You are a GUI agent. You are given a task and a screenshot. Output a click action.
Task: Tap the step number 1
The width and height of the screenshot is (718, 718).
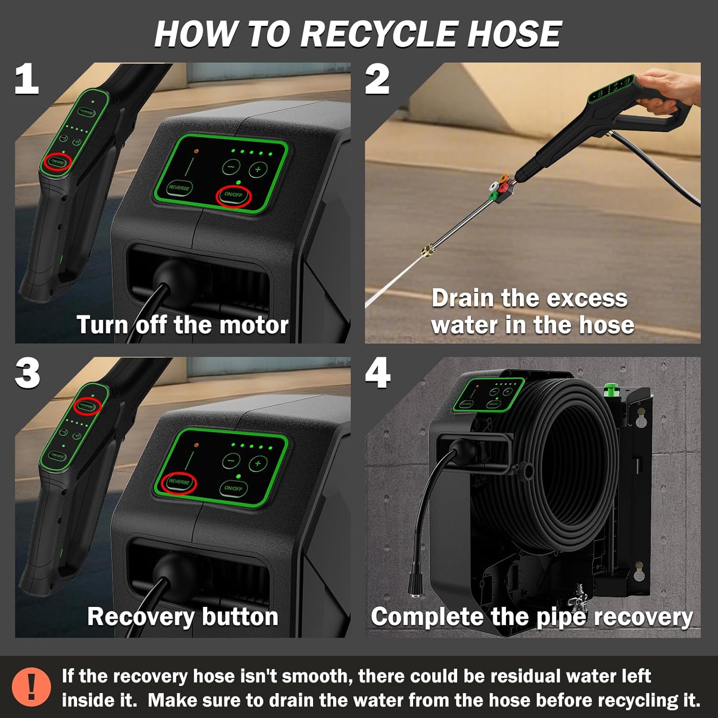coord(27,80)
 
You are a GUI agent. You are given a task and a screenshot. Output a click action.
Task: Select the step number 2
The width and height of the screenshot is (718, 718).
coord(377,80)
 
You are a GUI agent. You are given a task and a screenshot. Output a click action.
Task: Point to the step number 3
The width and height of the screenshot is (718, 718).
coord(27,374)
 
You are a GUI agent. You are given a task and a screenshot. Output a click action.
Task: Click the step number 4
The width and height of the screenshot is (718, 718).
coord(378,374)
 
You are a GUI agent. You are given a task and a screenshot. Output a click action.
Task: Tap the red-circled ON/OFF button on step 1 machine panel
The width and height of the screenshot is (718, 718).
coord(234,195)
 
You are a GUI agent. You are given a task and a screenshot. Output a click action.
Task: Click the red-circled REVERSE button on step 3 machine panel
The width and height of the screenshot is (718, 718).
coord(179,482)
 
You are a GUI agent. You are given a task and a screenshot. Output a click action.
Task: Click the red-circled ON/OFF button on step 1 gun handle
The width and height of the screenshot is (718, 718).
coord(57,162)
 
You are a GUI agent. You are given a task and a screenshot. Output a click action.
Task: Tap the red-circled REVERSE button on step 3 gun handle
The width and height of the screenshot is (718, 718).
coord(87,406)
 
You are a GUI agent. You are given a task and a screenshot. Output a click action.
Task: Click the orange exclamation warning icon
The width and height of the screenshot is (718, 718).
coord(32,686)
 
